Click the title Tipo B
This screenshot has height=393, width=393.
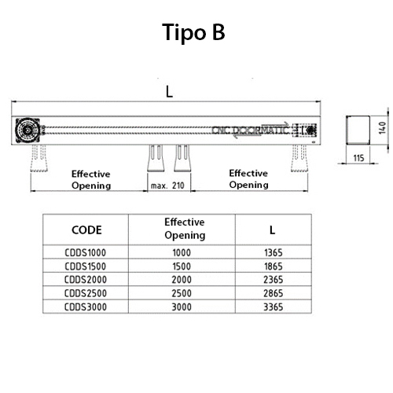point(196,32)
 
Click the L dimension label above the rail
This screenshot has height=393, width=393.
point(169,91)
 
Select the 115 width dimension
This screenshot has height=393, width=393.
point(358,158)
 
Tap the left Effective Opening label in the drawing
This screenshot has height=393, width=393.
point(91,179)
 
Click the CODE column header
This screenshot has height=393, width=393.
point(86,230)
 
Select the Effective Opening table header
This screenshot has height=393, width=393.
point(185,229)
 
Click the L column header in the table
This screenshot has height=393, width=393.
point(272,230)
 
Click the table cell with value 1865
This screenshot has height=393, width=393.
point(272,266)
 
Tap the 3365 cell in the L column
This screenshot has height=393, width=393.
point(272,304)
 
